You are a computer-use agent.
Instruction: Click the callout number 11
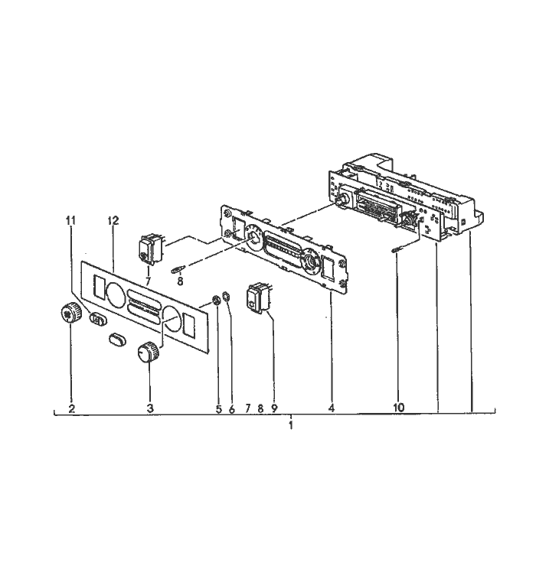[x=70, y=220]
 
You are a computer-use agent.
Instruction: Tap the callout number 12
[x=113, y=220]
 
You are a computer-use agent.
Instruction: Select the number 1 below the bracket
[x=291, y=425]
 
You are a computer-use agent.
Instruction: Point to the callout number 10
[x=399, y=408]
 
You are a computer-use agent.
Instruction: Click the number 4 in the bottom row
[x=331, y=408]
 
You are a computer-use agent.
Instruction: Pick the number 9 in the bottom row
[x=274, y=408]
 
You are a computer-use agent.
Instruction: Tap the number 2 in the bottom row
[x=72, y=408]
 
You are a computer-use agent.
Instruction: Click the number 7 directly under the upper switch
[x=148, y=281]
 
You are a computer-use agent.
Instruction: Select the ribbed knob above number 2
[x=70, y=312]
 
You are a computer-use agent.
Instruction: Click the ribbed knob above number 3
[x=149, y=352]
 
